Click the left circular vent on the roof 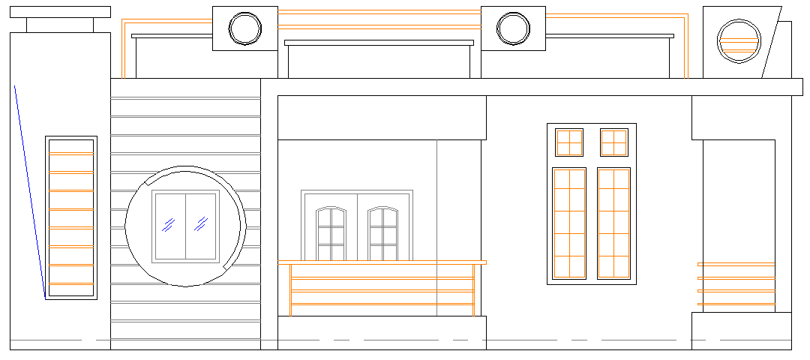(x=245, y=28)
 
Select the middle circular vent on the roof (x=514, y=28)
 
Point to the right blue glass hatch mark (x=201, y=223)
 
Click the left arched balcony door (x=331, y=234)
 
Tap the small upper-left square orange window (x=569, y=142)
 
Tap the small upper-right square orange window (x=614, y=142)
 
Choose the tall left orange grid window (x=569, y=223)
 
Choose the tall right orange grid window (x=614, y=223)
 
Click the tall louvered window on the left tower (x=71, y=217)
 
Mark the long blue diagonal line (x=29, y=191)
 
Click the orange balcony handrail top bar (x=382, y=262)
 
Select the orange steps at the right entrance (x=736, y=284)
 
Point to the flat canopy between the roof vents (x=379, y=43)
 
